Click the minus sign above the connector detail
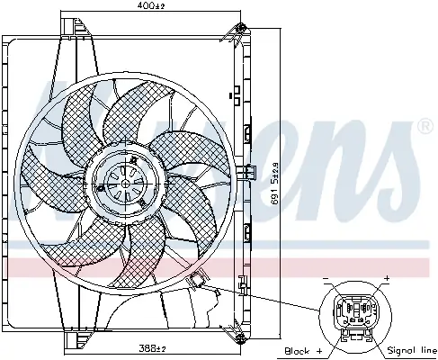point(326,278)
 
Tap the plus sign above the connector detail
point(386,278)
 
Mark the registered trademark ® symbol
point(425,128)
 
